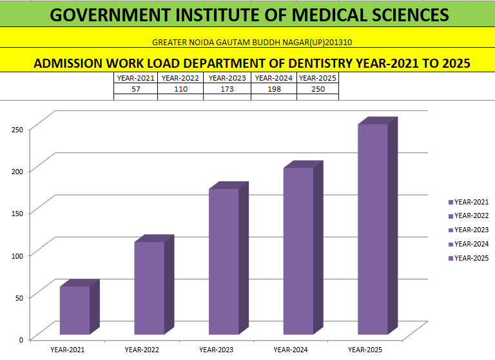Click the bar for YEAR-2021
(x=75, y=310)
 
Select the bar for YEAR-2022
(x=149, y=288)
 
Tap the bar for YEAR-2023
(x=224, y=261)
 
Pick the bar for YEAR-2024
(x=298, y=251)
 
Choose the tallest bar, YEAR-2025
(x=373, y=229)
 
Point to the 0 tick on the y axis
(x=21, y=339)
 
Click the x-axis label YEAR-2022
(x=142, y=350)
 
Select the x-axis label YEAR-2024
(x=291, y=350)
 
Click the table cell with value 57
(x=136, y=89)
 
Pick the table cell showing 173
(x=227, y=89)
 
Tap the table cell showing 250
(x=317, y=89)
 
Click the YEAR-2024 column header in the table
(x=273, y=78)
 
